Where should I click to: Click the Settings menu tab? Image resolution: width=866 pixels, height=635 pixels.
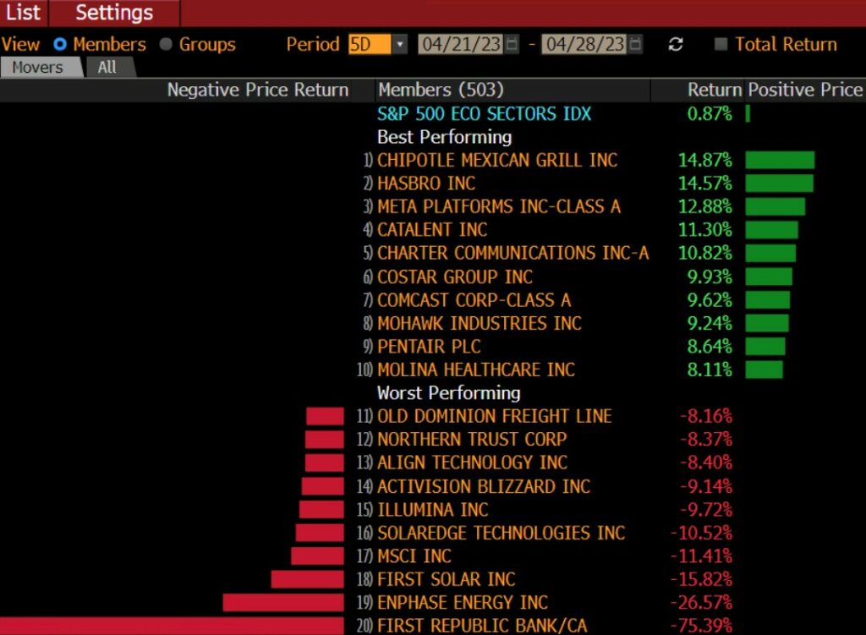coord(114,13)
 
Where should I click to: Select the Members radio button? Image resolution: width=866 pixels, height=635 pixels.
coord(60,45)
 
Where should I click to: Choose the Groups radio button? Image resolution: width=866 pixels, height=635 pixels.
coord(166,45)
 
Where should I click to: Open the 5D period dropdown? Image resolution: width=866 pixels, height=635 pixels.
coord(400,45)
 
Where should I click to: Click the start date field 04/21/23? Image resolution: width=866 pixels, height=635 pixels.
coord(461,45)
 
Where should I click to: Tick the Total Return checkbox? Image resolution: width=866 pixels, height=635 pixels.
coord(721,45)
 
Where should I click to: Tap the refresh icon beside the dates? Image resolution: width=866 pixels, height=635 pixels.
coord(675,45)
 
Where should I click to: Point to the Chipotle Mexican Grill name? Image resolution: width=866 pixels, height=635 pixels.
coord(497,161)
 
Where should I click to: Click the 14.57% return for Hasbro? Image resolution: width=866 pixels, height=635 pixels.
coord(704,183)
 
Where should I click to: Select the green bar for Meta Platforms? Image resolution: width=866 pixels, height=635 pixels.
coord(775,207)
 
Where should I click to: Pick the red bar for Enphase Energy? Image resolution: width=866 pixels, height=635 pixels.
coord(283,603)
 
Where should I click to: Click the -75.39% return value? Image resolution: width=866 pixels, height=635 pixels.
coord(701,626)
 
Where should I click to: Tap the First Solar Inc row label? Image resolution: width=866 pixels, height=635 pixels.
coord(446,579)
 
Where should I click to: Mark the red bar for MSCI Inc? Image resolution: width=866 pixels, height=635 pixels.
coord(317,556)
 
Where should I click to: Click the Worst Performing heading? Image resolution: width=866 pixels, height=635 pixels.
coord(448,393)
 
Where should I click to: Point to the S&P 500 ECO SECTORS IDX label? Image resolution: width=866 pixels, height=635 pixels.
coord(484,114)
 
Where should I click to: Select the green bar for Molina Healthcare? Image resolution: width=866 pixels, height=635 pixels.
coord(764,370)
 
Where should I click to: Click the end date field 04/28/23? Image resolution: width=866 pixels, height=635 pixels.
coord(584,45)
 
